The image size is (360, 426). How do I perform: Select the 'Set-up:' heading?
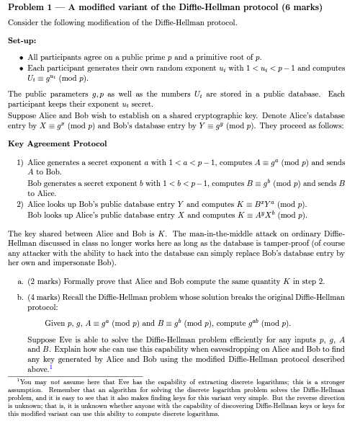[x=22, y=41]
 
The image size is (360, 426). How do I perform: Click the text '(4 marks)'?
[x=45, y=296]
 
